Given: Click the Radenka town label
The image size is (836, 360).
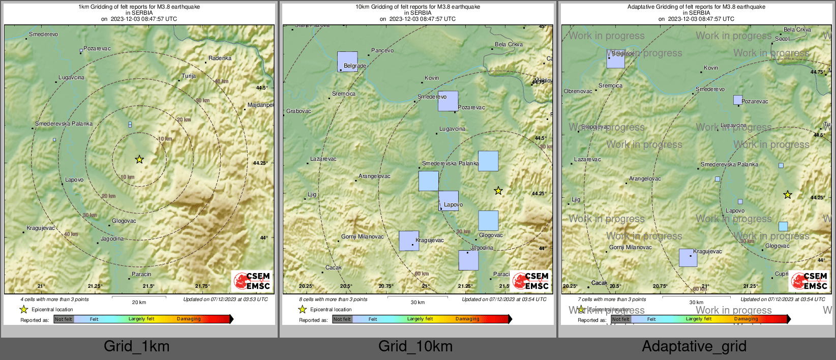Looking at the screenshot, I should point(220,58).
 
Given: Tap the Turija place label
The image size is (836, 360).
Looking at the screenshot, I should point(189,76).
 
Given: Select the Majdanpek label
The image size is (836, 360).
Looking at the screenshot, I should point(260,105).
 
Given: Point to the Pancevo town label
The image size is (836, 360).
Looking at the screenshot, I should point(382,51).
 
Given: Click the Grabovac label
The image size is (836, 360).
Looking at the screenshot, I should point(298,111).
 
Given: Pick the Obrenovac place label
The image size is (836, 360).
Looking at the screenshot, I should point(578,92).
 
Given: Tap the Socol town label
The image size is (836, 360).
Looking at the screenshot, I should point(782,39).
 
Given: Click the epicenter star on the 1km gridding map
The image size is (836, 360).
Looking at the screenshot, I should point(139,160).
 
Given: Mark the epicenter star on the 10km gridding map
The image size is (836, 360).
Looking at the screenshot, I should point(498,191).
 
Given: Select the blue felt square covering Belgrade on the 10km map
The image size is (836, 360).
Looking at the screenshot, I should point(347,62).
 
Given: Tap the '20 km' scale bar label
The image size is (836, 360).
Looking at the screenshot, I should point(139,303).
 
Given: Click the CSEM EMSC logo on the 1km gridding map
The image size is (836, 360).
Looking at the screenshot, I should point(252,281).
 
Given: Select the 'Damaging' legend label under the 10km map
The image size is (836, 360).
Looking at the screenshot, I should point(467,319).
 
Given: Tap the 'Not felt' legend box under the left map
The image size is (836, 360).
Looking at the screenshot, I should point(64,319).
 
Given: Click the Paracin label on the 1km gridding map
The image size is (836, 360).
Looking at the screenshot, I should point(141,275).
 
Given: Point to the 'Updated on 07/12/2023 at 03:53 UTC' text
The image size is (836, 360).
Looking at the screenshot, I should point(225,299).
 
